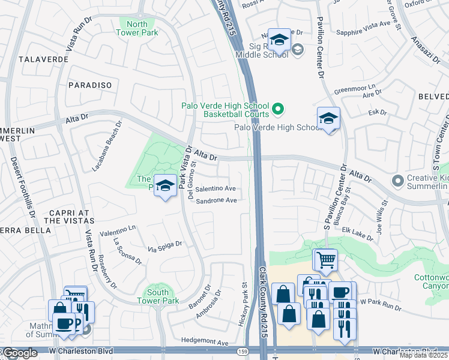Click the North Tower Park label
click(x=137, y=28)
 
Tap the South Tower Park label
click(x=158, y=296)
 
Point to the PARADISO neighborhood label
click(x=90, y=85)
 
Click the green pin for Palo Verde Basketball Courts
click(x=277, y=109)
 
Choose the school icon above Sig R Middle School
click(x=279, y=40)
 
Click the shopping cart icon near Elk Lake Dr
click(x=325, y=259)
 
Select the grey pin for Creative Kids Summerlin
click(x=397, y=181)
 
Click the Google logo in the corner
click(x=20, y=353)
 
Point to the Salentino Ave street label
click(x=215, y=188)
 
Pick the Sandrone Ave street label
click(x=216, y=200)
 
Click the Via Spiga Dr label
click(x=165, y=245)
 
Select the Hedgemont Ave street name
click(x=205, y=343)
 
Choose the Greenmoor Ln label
click(x=354, y=89)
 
